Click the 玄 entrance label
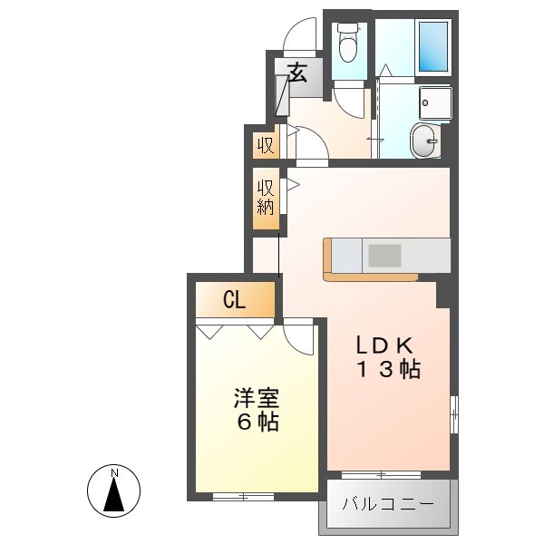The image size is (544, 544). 297,72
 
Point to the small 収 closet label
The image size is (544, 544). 266,144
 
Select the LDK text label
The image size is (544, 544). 384,345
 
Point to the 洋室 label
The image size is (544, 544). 256,398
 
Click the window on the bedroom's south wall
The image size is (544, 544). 243,496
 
